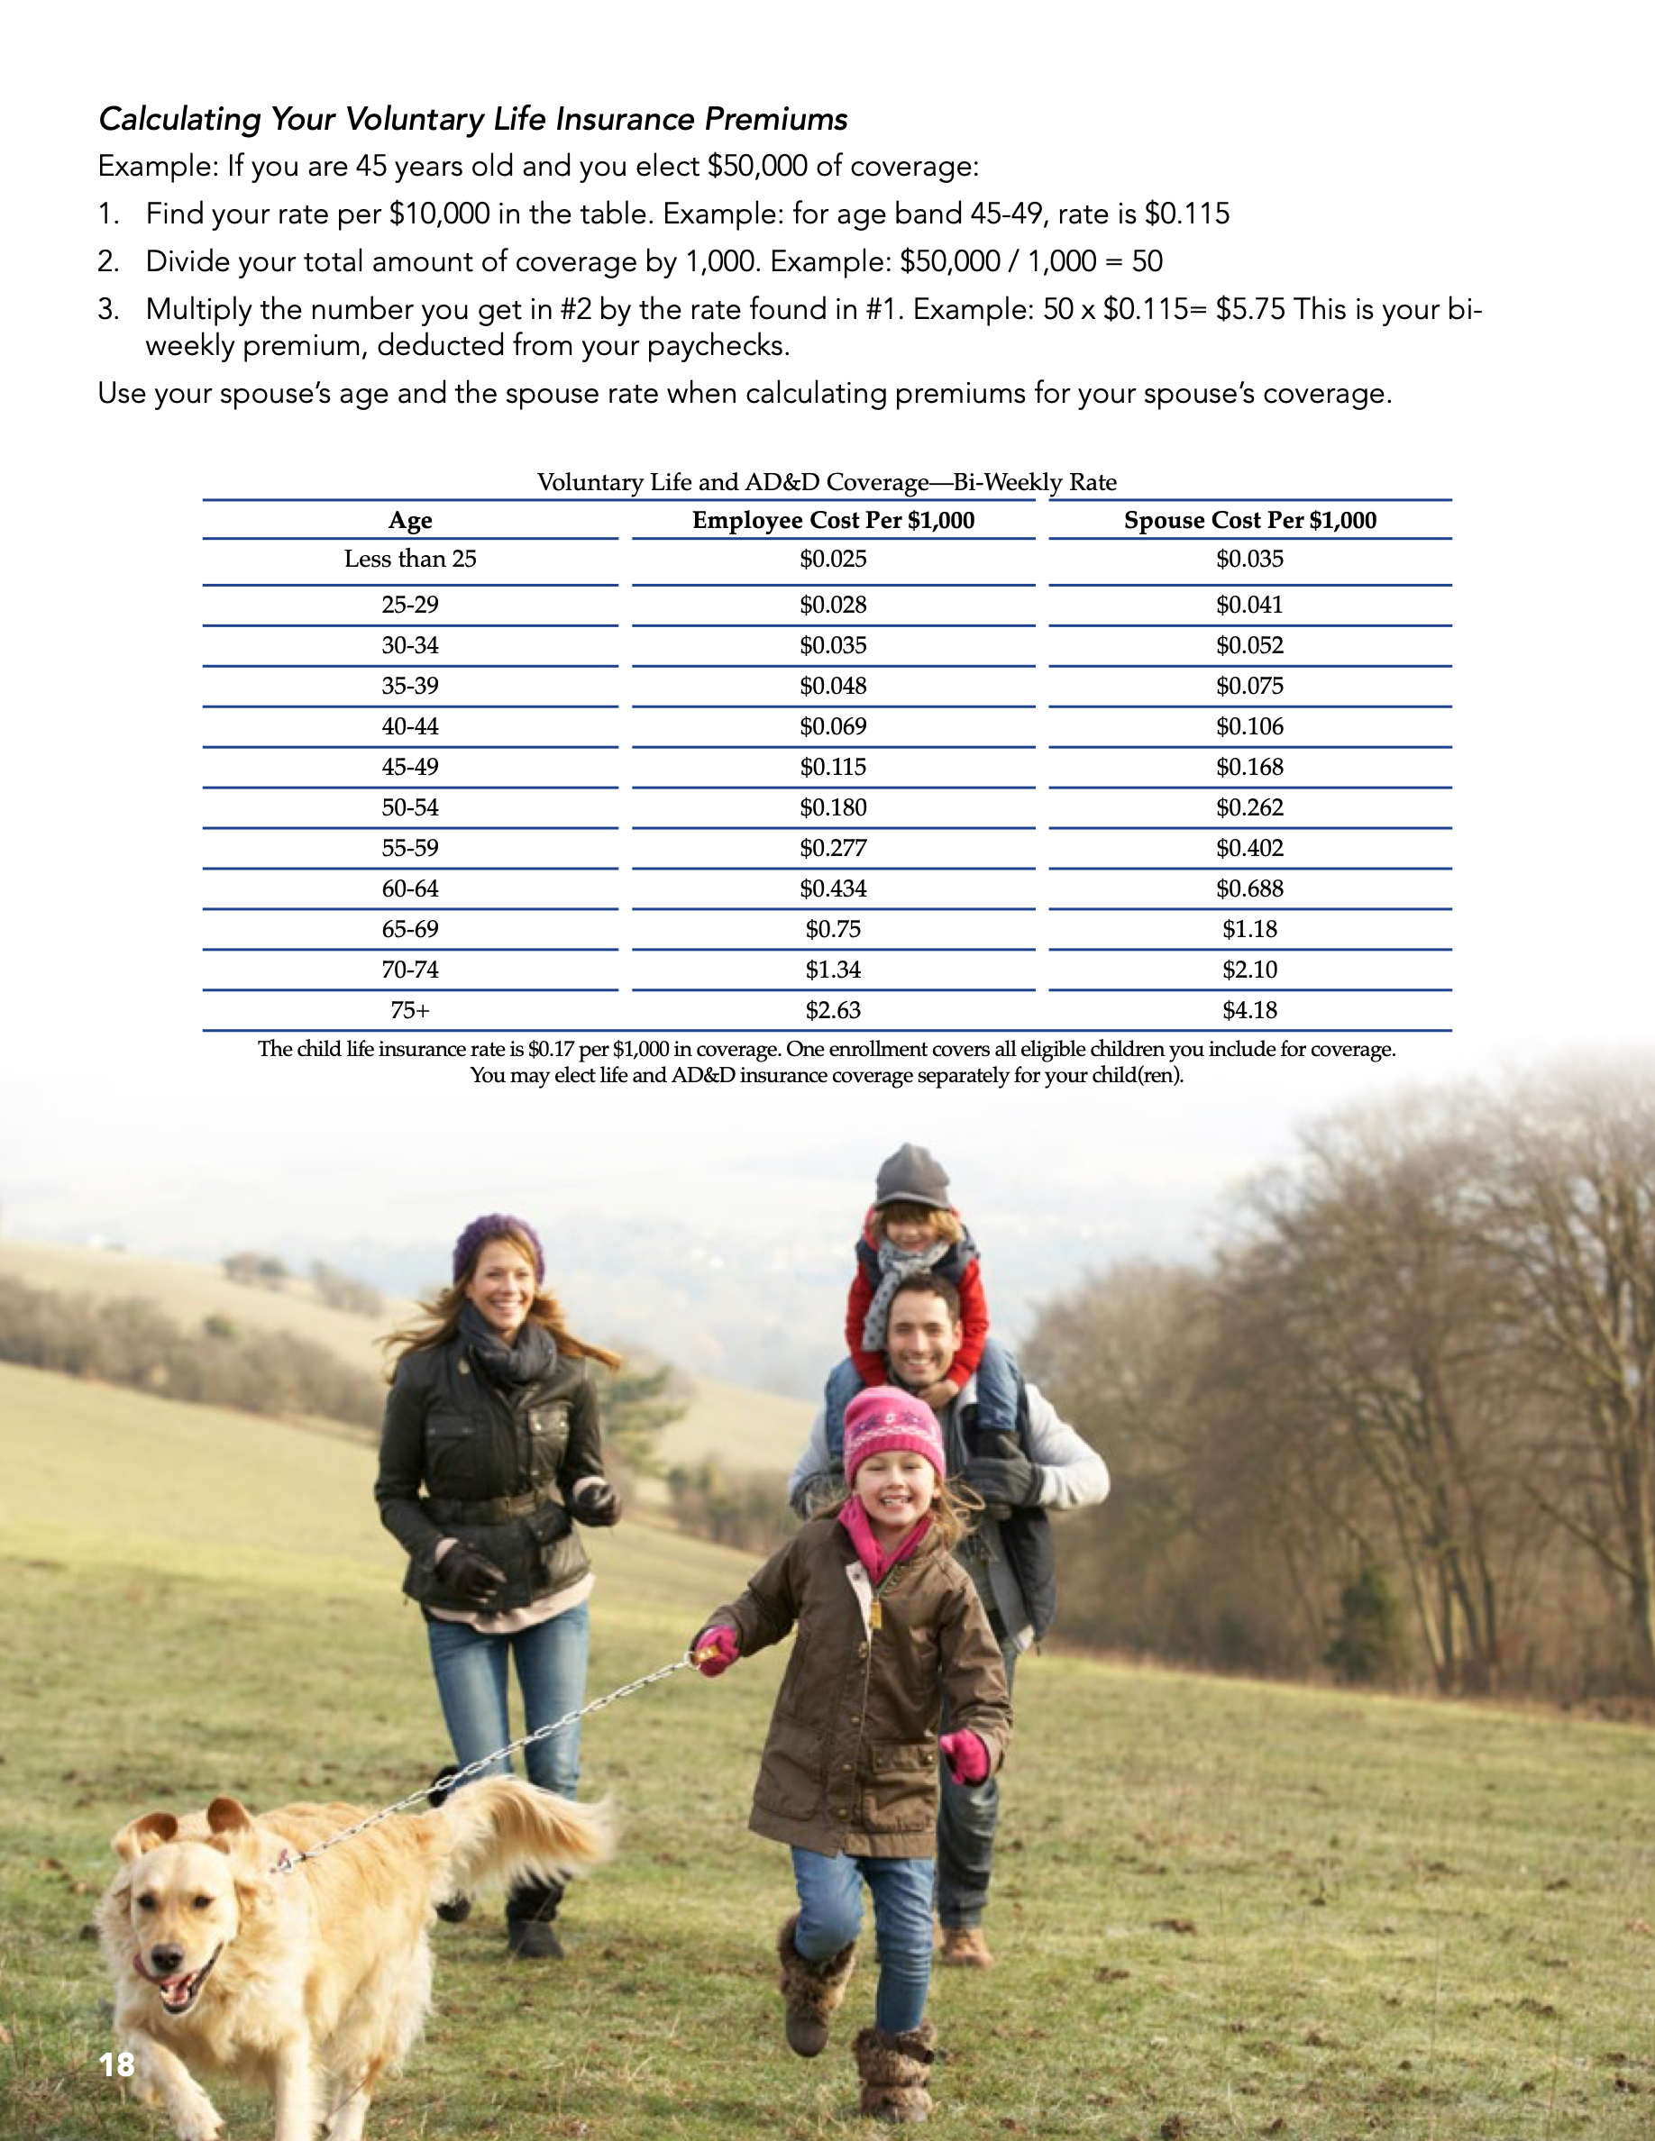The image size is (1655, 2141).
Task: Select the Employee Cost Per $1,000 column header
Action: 834,521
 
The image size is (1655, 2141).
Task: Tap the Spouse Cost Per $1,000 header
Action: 1250,521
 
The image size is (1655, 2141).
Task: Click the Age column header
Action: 410,521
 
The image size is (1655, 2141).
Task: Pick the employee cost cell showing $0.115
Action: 834,767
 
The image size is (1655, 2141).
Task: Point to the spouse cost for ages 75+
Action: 1250,1010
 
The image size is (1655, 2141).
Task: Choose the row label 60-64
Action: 410,888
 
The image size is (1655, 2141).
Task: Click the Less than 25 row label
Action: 410,559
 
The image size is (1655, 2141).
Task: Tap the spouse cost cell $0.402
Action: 1250,848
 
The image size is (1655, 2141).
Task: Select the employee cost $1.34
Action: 834,970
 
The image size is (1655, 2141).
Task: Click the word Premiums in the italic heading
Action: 775,120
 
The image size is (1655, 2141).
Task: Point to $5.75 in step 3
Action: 1250,310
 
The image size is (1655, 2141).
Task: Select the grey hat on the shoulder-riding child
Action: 912,1176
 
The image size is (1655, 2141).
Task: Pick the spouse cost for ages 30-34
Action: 1250,645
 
